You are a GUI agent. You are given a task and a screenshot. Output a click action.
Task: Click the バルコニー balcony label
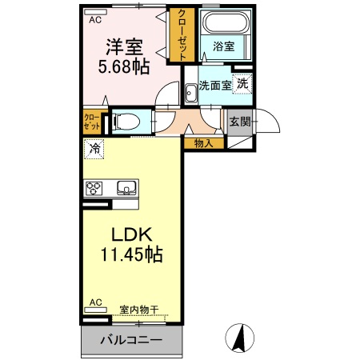[131, 339]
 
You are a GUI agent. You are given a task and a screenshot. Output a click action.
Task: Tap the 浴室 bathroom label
[225, 47]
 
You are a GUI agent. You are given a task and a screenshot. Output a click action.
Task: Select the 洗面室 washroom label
[214, 85]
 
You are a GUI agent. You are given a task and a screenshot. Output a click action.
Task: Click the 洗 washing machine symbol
[242, 82]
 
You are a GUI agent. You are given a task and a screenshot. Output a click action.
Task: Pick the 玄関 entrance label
[238, 122]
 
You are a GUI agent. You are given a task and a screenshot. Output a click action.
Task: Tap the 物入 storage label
[203, 143]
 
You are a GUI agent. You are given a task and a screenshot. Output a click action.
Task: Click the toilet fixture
[124, 122]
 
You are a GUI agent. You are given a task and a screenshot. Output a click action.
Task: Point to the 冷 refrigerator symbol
[95, 148]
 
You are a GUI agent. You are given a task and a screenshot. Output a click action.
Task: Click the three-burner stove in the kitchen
[95, 189]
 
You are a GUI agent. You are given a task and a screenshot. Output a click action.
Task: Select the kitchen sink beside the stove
[127, 189]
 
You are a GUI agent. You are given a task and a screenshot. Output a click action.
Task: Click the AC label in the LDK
[95, 302]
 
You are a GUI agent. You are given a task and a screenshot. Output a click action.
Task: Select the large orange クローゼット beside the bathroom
[182, 34]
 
